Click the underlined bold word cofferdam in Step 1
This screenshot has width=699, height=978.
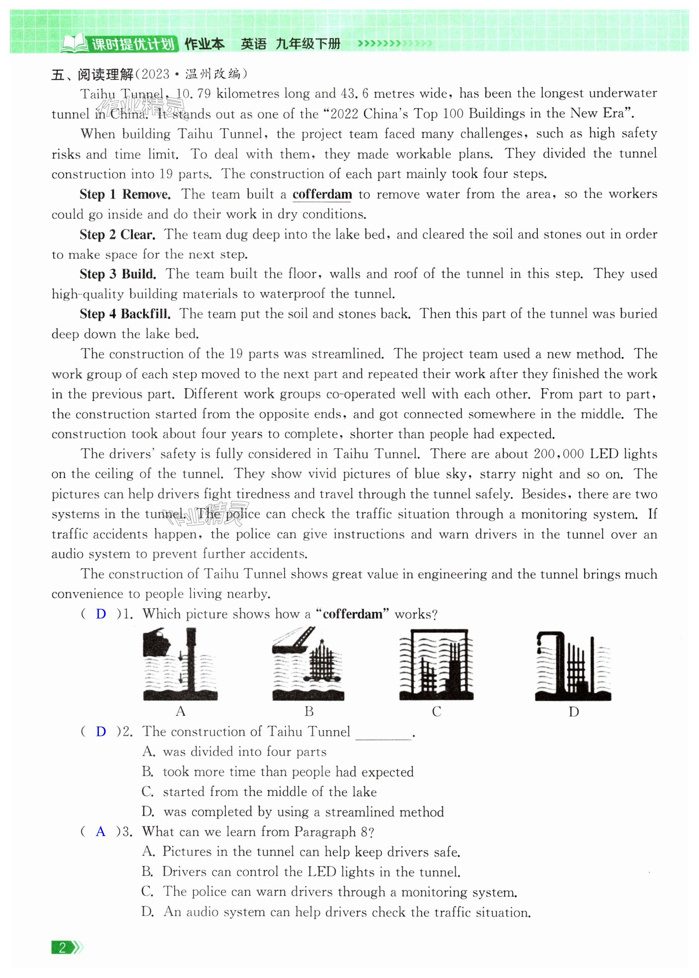point(322,195)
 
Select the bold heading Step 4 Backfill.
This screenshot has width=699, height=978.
point(125,314)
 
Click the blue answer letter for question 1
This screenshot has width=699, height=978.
point(101,614)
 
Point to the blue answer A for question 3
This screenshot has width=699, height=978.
point(101,832)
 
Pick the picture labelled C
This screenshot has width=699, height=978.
point(436,664)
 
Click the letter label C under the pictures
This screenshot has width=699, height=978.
point(437,712)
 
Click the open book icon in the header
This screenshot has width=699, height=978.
point(75,44)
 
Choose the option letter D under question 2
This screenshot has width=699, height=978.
point(148,812)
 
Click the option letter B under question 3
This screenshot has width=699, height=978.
point(148,872)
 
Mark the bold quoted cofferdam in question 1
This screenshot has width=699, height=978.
point(352,614)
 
